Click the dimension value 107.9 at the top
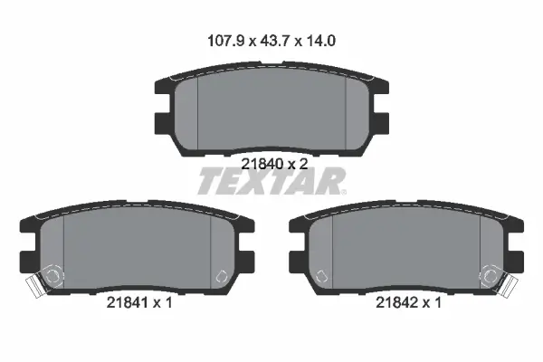tap(225, 41)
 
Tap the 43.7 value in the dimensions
tap(274, 41)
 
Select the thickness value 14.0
tap(320, 41)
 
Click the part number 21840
tap(262, 164)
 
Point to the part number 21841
tap(128, 303)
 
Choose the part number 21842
tap(397, 303)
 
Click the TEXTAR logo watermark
tap(272, 181)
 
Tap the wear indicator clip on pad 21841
tap(34, 285)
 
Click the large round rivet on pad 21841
tap(52, 276)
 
